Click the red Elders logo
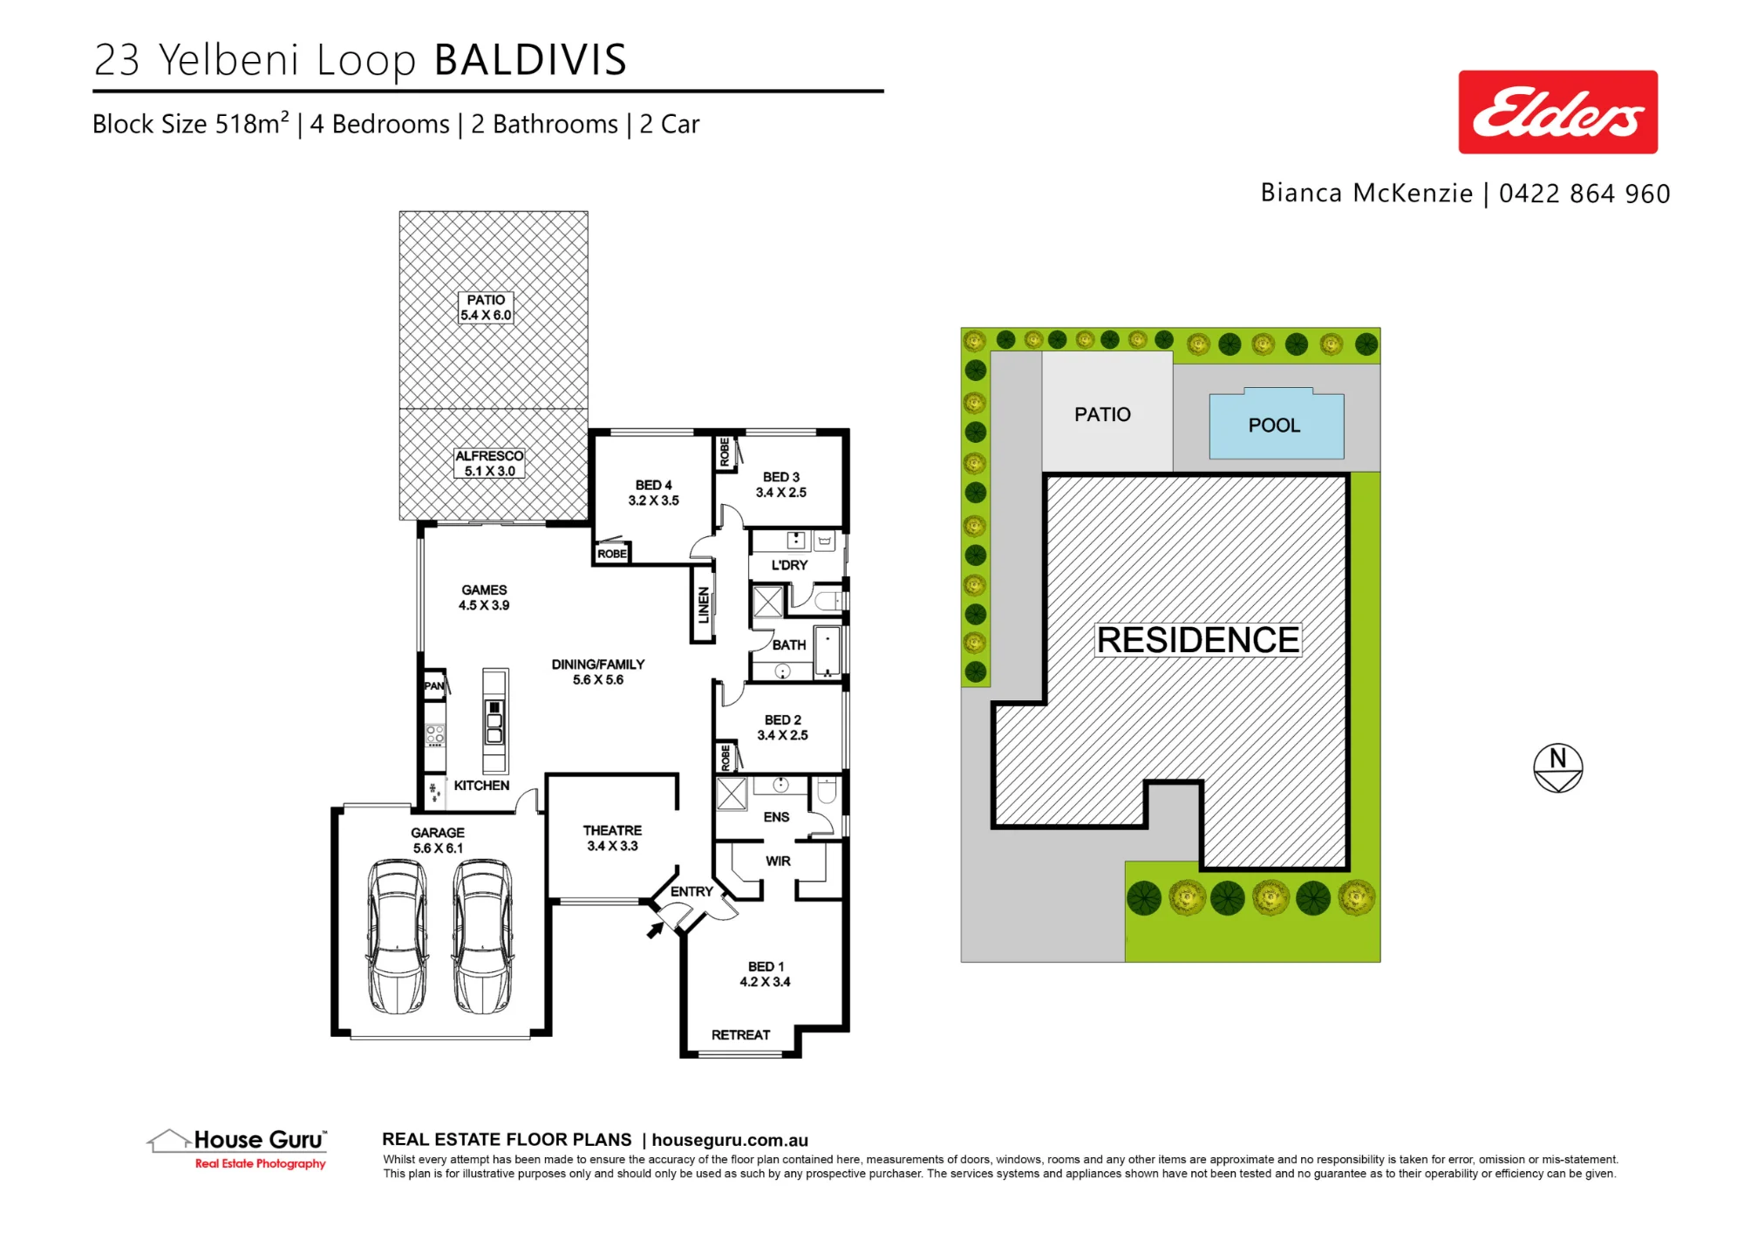pyautogui.click(x=1557, y=112)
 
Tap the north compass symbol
pyautogui.click(x=1557, y=767)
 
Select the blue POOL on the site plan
pyautogui.click(x=1276, y=424)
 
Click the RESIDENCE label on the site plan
pyautogui.click(x=1198, y=639)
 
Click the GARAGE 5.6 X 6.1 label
pyautogui.click(x=438, y=841)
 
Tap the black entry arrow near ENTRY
pyautogui.click(x=655, y=930)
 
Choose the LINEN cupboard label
pyautogui.click(x=704, y=605)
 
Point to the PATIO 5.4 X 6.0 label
pyautogui.click(x=486, y=308)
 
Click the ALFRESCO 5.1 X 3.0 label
pyautogui.click(x=489, y=463)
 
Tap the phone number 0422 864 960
pyautogui.click(x=1584, y=194)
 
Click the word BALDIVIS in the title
pyautogui.click(x=530, y=60)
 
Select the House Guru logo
pyautogui.click(x=237, y=1149)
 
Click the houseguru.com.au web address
pyautogui.click(x=730, y=1140)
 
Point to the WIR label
pyautogui.click(x=778, y=861)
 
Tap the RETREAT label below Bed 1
pyautogui.click(x=740, y=1035)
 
